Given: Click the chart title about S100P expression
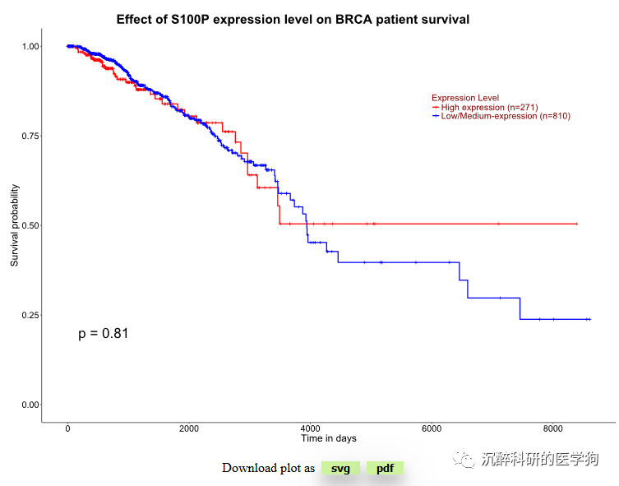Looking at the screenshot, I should click(x=293, y=19).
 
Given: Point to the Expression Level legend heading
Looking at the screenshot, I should click(x=465, y=98).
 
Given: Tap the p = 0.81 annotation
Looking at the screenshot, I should click(x=104, y=333).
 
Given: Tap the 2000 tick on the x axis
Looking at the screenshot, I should click(x=189, y=428).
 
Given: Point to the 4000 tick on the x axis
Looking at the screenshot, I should click(x=310, y=428).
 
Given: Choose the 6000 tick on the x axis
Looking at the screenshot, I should click(x=432, y=428).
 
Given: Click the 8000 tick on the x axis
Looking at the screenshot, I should click(x=553, y=428).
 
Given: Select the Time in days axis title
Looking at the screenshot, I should click(x=328, y=437).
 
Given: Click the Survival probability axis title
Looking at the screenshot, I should click(x=14, y=225).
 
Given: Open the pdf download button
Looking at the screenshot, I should click(x=385, y=468).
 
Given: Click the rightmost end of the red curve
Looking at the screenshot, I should click(x=577, y=224).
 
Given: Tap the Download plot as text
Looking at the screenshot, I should click(x=268, y=468).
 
